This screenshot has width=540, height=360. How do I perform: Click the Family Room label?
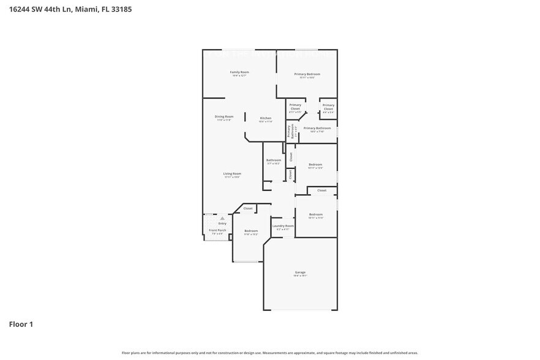[239, 72]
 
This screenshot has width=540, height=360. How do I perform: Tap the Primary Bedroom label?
[307, 74]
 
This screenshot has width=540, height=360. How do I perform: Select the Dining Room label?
[224, 116]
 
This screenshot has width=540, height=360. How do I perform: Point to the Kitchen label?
[265, 118]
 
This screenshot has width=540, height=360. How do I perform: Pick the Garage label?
[300, 272]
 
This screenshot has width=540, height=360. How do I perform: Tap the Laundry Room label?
[282, 226]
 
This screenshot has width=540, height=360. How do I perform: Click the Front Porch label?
[217, 230]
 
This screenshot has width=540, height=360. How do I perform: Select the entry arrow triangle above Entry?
[222, 218]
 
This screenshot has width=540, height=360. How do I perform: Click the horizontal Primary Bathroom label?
[317, 128]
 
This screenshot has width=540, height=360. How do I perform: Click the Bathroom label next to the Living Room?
[273, 160]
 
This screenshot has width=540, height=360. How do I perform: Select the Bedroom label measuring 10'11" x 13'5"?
[315, 164]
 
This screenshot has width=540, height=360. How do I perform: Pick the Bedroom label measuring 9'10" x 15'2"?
[251, 231]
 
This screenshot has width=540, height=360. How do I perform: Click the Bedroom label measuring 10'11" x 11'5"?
[315, 214]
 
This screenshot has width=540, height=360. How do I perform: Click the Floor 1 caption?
[21, 324]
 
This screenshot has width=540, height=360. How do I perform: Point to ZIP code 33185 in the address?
[120, 9]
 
